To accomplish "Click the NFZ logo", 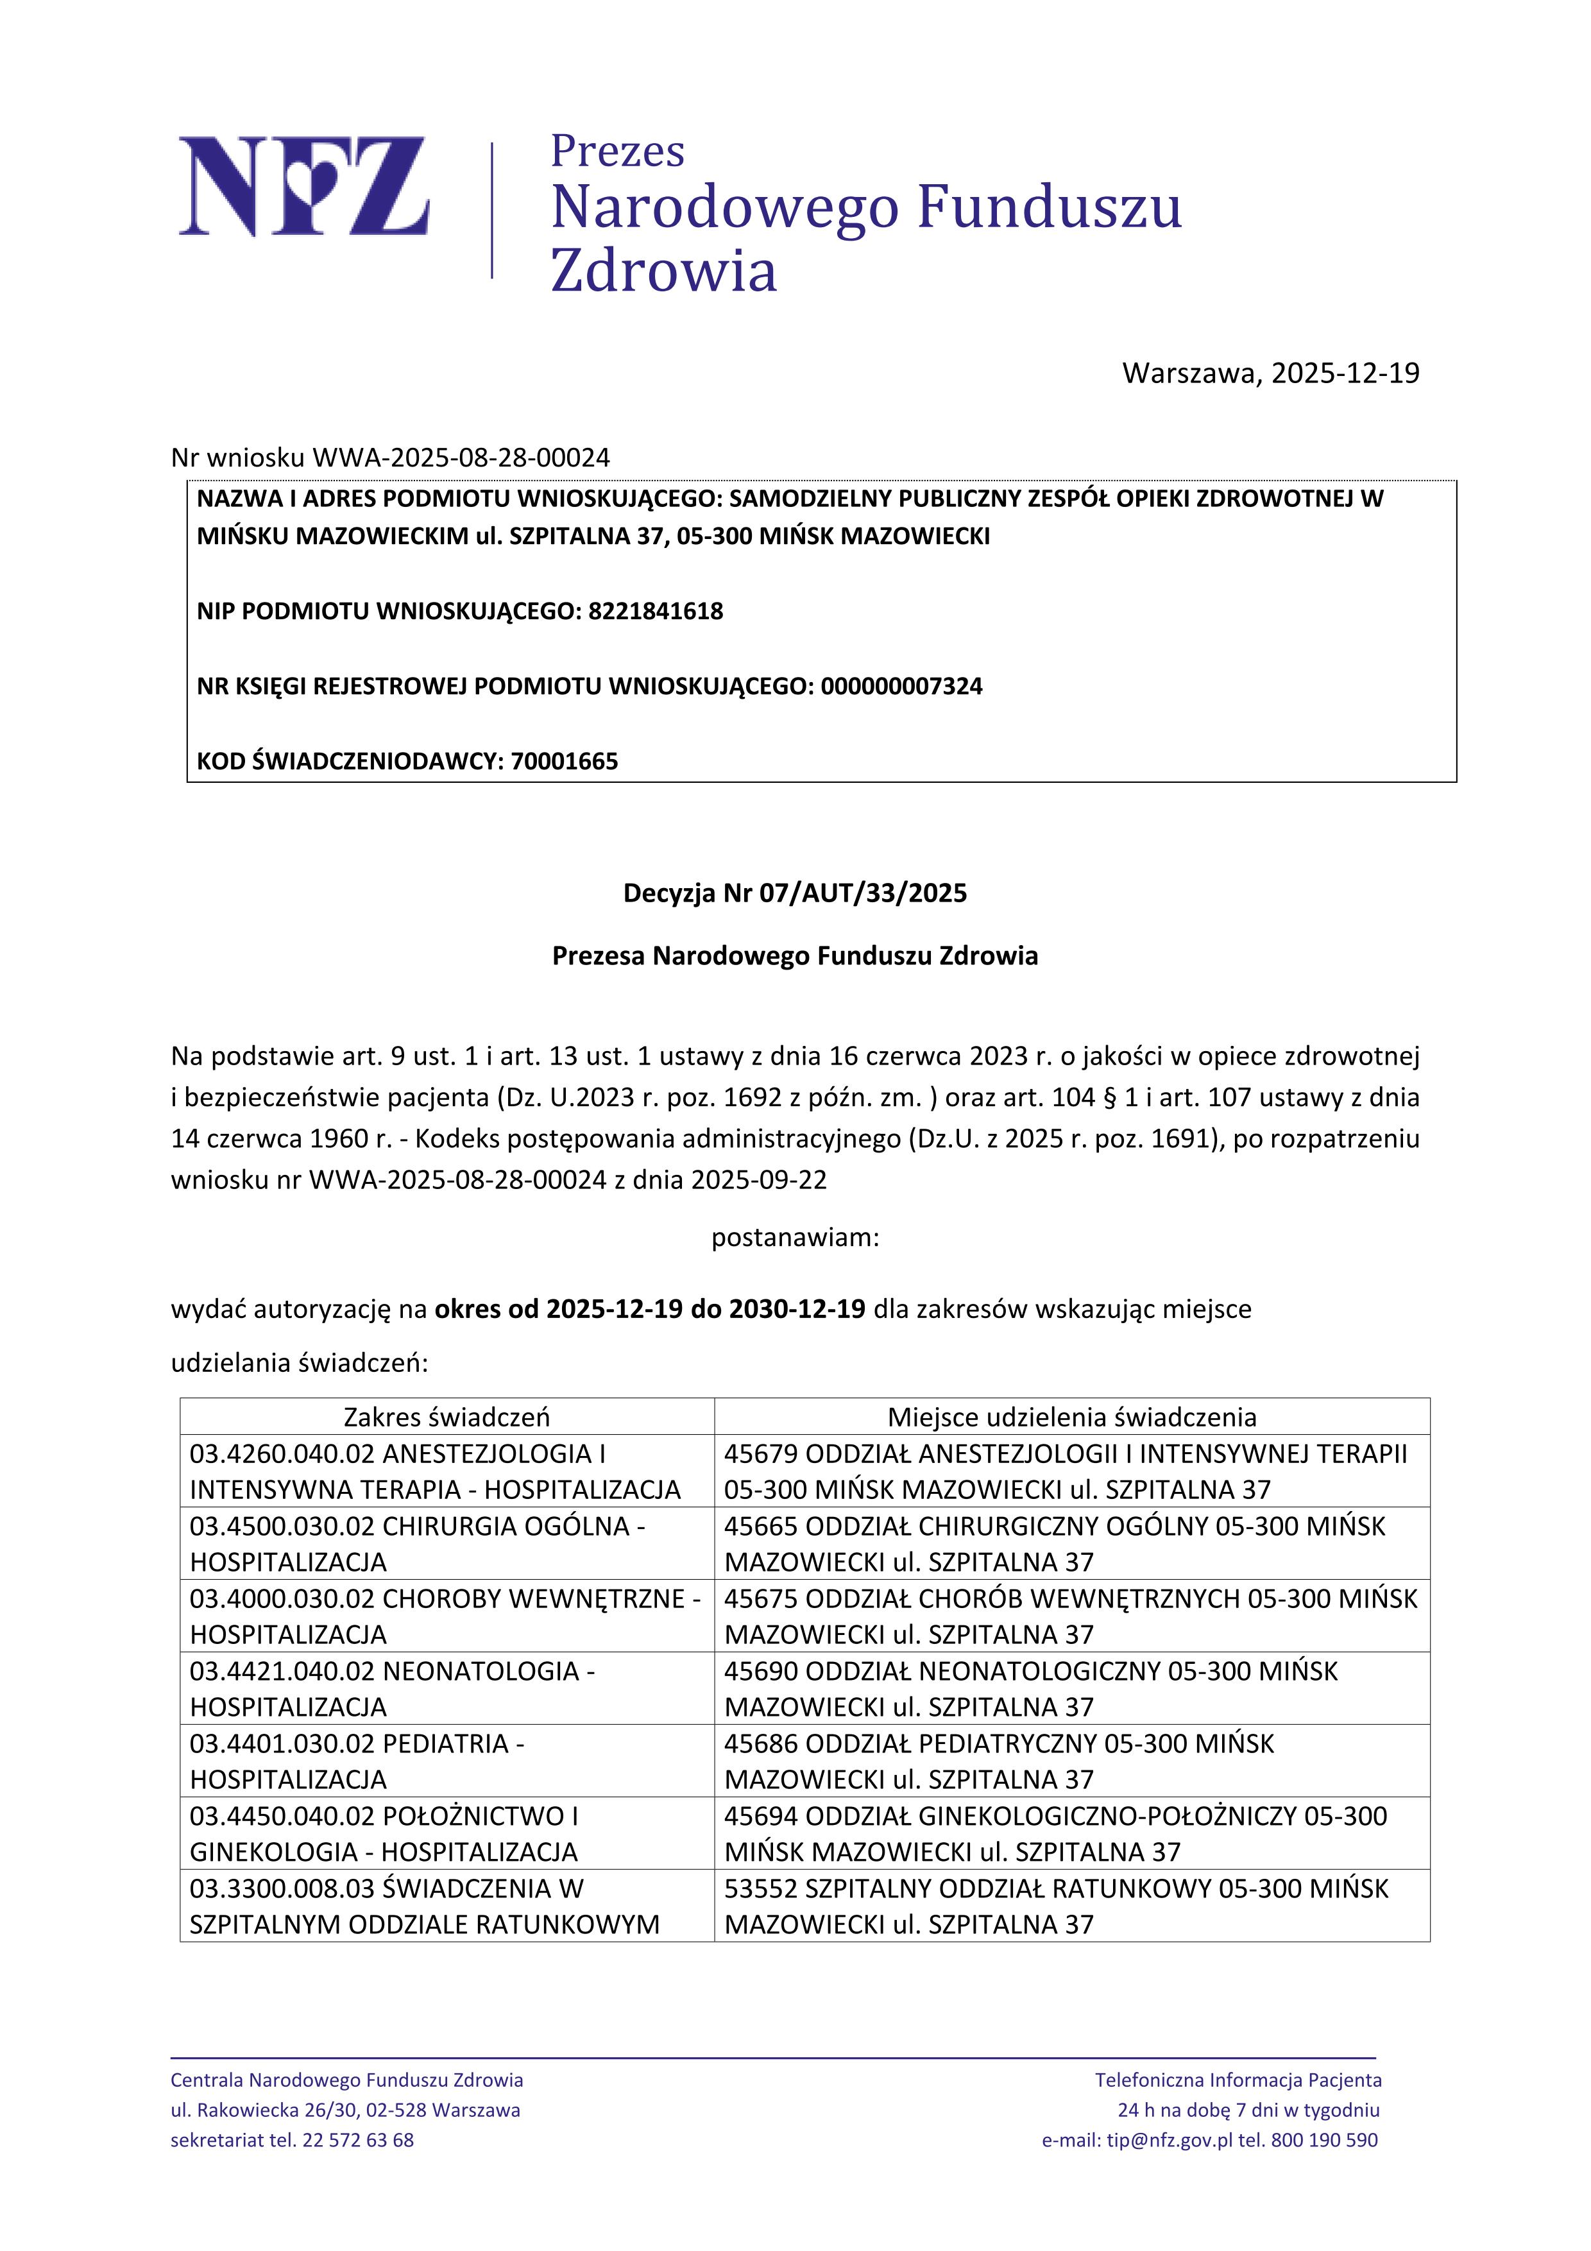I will (304, 186).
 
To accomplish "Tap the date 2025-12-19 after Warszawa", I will (1345, 373).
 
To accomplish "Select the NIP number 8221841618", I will (655, 611).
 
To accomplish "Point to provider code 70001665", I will (564, 761).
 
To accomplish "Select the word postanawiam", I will (794, 1237).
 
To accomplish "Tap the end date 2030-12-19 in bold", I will (797, 1309).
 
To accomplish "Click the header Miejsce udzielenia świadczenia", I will (1071, 1417).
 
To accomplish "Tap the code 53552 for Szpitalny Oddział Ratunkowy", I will (761, 1888).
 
